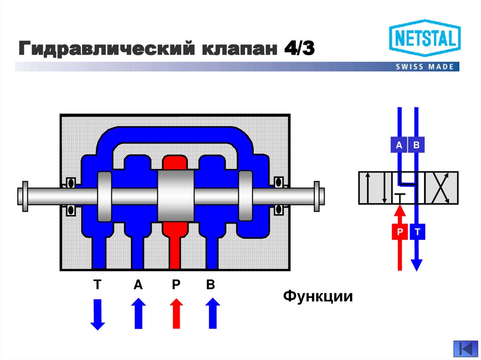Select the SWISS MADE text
[x=425, y=67]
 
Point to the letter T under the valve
[x=97, y=285]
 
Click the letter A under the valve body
[x=138, y=285]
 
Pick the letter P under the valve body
[x=176, y=285]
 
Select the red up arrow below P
[x=176, y=314]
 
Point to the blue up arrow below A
[x=139, y=314]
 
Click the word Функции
[x=318, y=297]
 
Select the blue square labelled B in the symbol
[x=416, y=145]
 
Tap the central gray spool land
[x=176, y=196]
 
